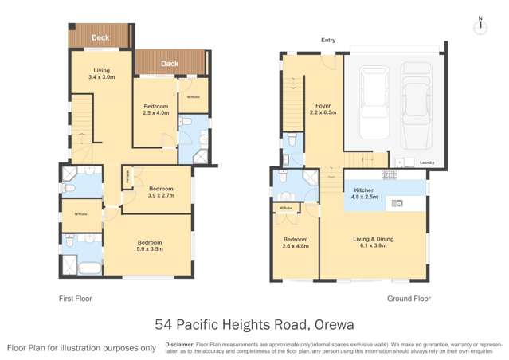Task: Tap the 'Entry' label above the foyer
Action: tap(327, 40)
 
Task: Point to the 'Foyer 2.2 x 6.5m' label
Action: tap(323, 109)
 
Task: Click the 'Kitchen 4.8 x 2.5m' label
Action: tap(364, 194)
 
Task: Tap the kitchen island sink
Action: tap(397, 203)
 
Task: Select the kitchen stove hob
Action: tap(390, 174)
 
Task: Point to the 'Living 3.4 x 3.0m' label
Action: tap(102, 73)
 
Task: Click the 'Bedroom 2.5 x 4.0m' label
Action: tap(156, 109)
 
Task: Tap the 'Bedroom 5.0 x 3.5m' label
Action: tap(150, 245)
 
